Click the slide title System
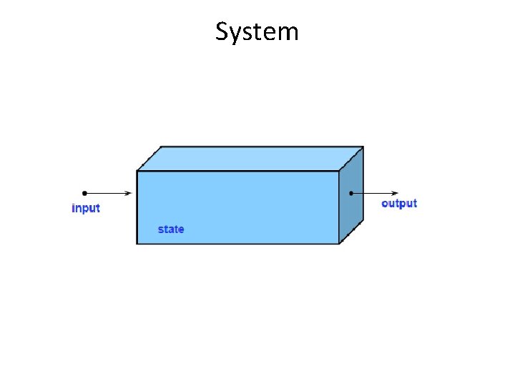tap(257, 32)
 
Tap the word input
tap(86, 209)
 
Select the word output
tap(399, 204)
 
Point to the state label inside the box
tap(171, 229)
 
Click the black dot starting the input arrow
tap(84, 193)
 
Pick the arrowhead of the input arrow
tap(128, 193)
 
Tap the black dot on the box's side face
tap(351, 193)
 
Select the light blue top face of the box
tap(250, 159)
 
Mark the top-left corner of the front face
tap(137, 171)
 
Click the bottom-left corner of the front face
tap(137, 244)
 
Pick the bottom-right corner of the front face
tap(339, 244)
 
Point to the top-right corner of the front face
tap(339, 171)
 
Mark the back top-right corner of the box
tap(363, 147)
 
